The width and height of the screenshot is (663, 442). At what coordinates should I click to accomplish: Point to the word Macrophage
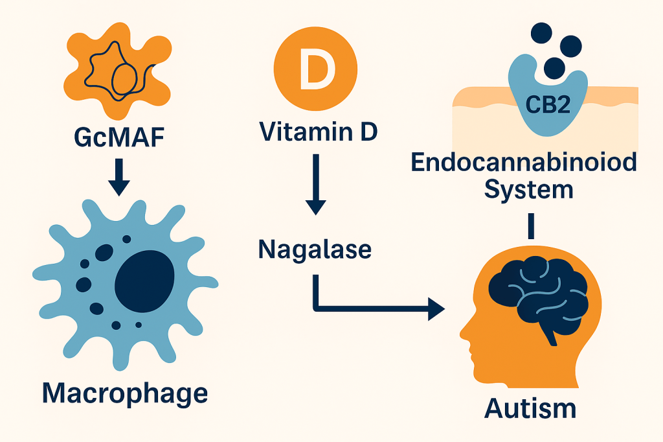125,394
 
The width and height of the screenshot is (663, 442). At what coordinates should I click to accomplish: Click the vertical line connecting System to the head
531,225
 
